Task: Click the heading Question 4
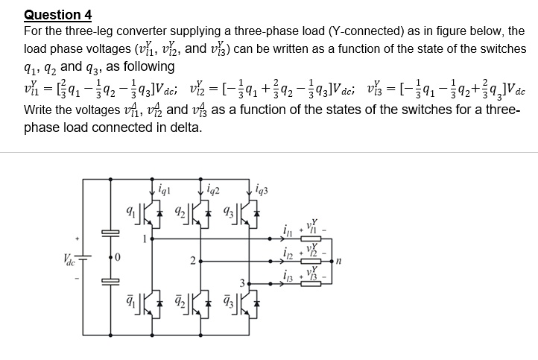[57, 15]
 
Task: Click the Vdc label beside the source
[69, 260]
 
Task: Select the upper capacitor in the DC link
[110, 233]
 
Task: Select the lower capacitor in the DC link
[110, 282]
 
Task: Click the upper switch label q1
[130, 211]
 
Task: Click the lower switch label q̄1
[130, 300]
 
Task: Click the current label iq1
[164, 189]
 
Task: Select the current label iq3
[262, 189]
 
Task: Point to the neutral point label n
[338, 261]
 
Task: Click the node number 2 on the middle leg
[193, 262]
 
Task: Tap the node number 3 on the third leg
[242, 283]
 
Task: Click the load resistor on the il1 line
[311, 239]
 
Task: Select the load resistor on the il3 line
[311, 284]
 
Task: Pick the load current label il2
[288, 253]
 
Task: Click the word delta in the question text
[186, 127]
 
